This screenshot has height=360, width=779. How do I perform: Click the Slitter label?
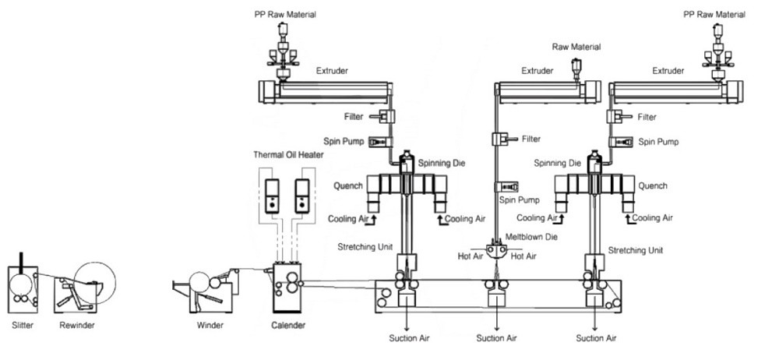(23, 326)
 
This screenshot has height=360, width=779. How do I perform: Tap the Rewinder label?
(77, 326)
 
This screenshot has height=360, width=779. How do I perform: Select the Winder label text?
(210, 326)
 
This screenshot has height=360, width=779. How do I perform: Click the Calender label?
(288, 326)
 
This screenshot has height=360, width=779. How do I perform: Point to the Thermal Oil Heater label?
(288, 154)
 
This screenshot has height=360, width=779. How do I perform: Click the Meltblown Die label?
(531, 237)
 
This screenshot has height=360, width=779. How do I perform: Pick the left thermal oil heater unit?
(272, 196)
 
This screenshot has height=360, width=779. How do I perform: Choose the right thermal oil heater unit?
(302, 196)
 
